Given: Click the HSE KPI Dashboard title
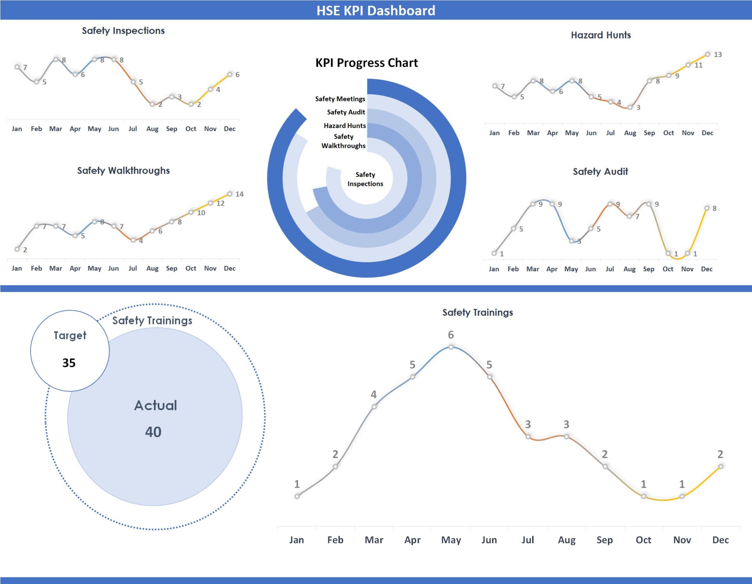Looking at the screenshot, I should coord(376,11).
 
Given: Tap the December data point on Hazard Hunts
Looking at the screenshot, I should coord(707,54).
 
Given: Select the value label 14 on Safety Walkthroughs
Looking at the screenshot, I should coord(239,194).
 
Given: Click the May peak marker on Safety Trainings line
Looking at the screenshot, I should coord(451,347).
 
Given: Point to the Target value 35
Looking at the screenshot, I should coord(69,363).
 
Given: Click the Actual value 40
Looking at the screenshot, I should coord(153,432).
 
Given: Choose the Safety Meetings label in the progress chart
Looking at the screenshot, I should coord(340,99).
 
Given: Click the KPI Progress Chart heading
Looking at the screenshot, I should coord(367,63).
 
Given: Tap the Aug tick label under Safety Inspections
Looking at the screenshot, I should coord(152,129).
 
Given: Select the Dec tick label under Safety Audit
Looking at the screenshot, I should coord(707,269).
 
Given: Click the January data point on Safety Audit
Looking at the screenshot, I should coord(494,253).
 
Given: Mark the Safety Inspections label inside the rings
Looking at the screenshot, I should coord(365,179).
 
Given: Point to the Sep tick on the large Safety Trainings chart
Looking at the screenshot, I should coord(604,540).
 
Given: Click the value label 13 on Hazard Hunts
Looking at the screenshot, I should coord(718,55).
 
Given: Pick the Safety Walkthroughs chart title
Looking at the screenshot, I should coord(123,170).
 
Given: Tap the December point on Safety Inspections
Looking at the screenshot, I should coord(230,74).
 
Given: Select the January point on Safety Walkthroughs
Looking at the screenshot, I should coord(17,249).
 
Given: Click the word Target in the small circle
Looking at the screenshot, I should coord(70,335).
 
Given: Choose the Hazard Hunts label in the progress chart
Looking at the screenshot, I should coord(345,126).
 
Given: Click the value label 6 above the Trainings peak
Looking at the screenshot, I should coord(451,335).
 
